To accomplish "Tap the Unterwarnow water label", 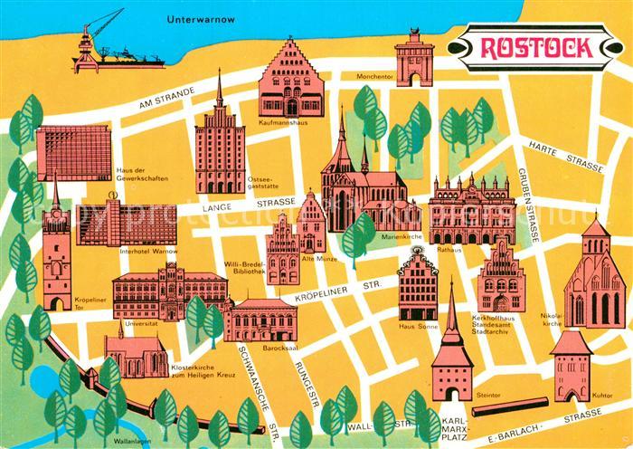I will (x=203, y=18).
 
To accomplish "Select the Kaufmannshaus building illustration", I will (x=289, y=79).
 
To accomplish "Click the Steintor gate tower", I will (x=453, y=360).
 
